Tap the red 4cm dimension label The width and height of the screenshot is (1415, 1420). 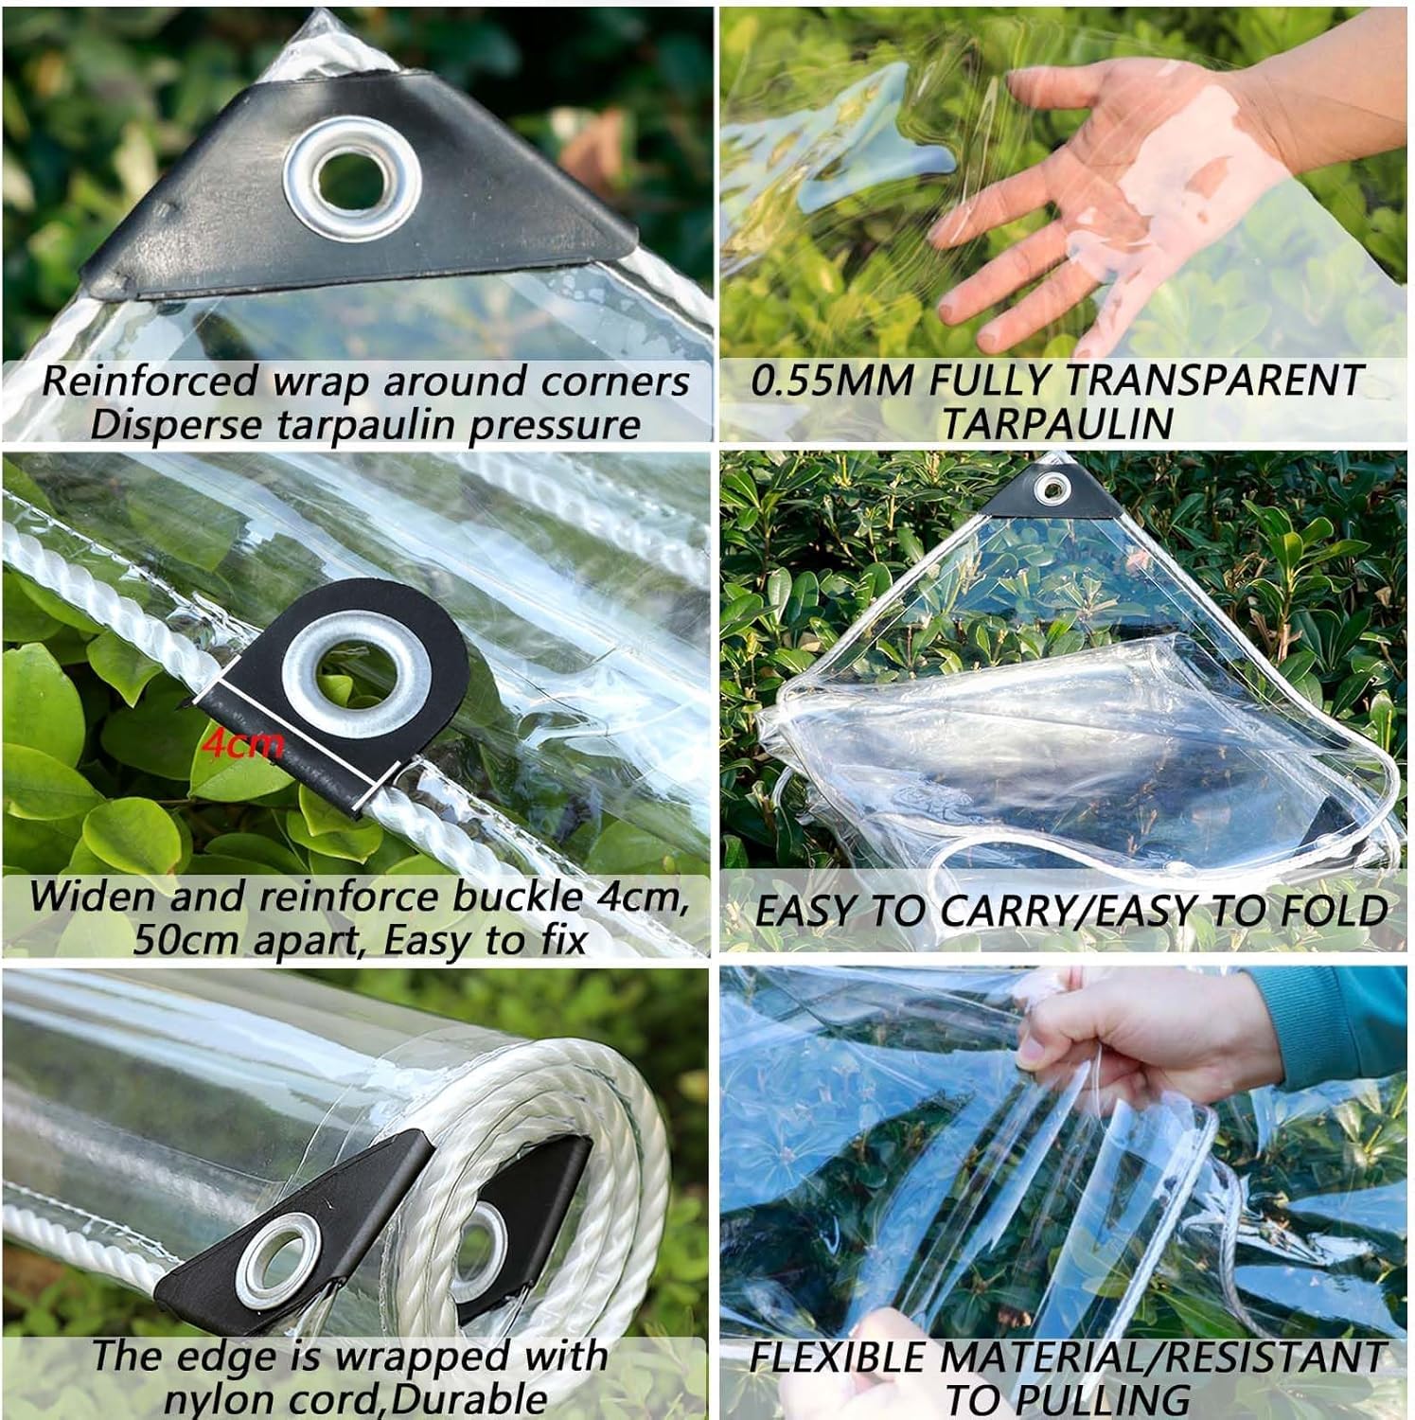[x=242, y=745]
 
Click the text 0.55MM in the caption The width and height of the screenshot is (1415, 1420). [x=833, y=381]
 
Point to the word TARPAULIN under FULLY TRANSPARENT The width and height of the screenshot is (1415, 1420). [x=1056, y=423]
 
